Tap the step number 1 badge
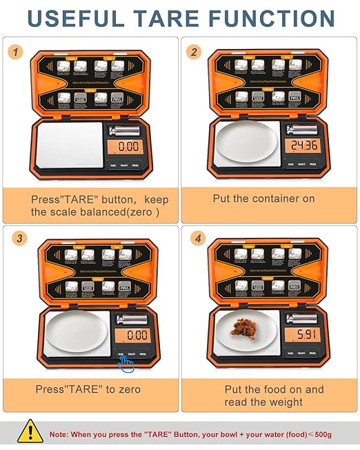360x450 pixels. point(17,52)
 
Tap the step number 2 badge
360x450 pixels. point(195,52)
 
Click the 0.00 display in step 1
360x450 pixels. point(126,146)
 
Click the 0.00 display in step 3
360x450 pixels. point(132,335)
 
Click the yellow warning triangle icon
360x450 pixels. point(30,432)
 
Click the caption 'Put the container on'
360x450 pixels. point(263,198)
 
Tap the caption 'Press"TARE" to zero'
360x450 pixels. point(88,389)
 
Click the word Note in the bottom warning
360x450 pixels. point(59,436)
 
